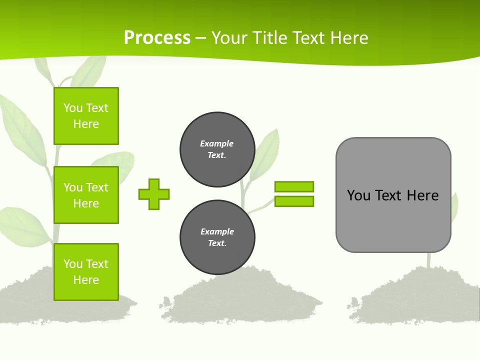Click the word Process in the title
point(157,38)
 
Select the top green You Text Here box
point(86,116)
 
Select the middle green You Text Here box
point(86,195)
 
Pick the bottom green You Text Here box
point(86,271)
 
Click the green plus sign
point(154,194)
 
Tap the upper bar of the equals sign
point(294,186)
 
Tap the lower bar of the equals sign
point(294,201)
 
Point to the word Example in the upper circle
point(217,143)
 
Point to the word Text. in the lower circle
point(217,243)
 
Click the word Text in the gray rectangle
point(388,195)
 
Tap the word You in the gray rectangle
point(359,195)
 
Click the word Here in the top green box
point(86,124)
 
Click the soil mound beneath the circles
point(240,300)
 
